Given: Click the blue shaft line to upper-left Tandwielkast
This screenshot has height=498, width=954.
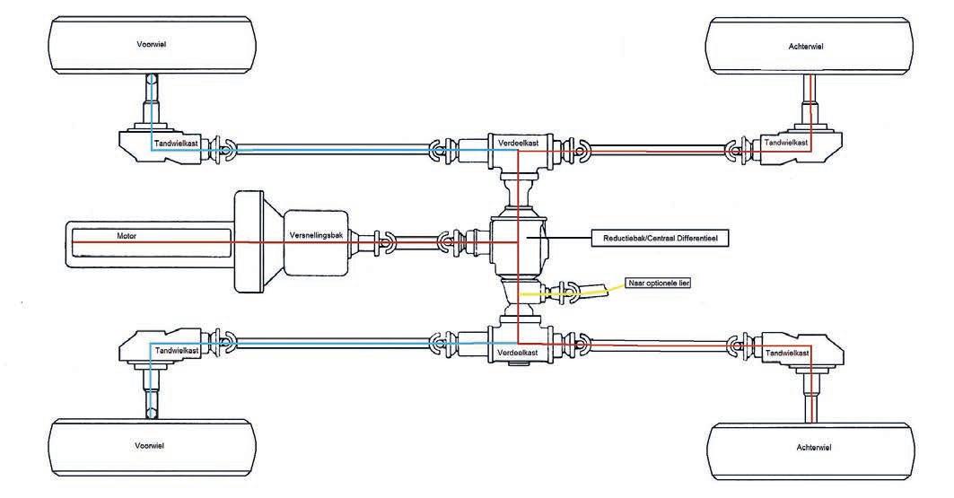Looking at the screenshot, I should pos(332,151).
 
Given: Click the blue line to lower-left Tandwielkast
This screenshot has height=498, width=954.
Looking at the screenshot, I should pos(332,341).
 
